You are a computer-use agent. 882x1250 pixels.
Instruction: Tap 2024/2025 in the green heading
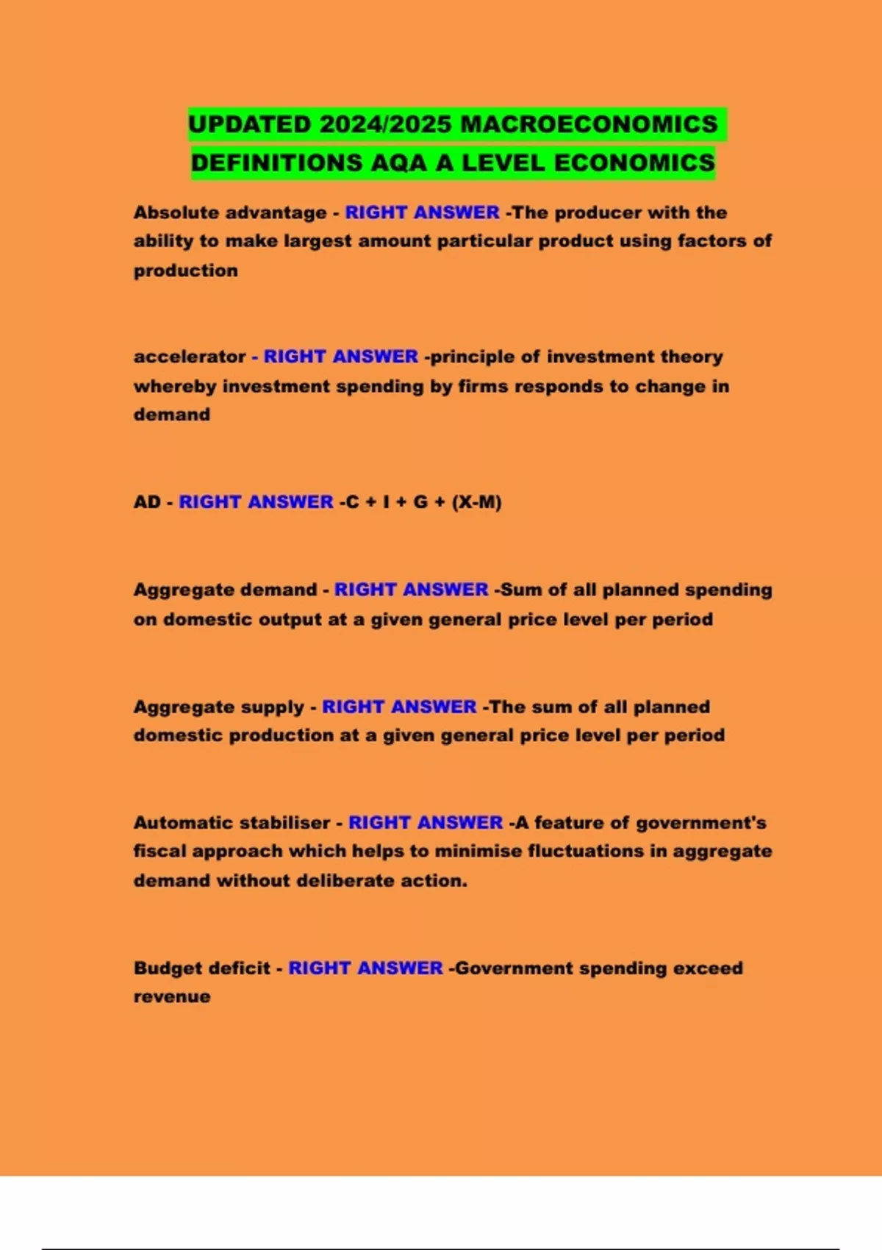point(385,124)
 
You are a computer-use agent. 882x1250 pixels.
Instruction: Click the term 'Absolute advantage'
point(230,213)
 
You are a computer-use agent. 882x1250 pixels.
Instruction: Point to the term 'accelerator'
point(190,357)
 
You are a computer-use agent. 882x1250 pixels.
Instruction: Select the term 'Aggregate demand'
point(225,590)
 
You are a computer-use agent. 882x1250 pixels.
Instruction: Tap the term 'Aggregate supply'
point(218,707)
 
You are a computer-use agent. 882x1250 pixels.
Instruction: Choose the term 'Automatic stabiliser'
point(232,823)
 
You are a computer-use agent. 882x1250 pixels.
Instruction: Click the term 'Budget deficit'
point(201,968)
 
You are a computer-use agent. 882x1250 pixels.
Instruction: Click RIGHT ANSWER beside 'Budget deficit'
point(365,968)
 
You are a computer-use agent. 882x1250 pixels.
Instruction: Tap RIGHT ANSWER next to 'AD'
point(256,502)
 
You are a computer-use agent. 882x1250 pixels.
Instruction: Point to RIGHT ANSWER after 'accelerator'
point(340,357)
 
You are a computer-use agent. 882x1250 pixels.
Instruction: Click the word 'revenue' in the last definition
point(172,997)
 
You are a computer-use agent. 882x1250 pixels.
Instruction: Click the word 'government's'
point(701,823)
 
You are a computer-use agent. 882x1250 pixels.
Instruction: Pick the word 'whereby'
point(175,386)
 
